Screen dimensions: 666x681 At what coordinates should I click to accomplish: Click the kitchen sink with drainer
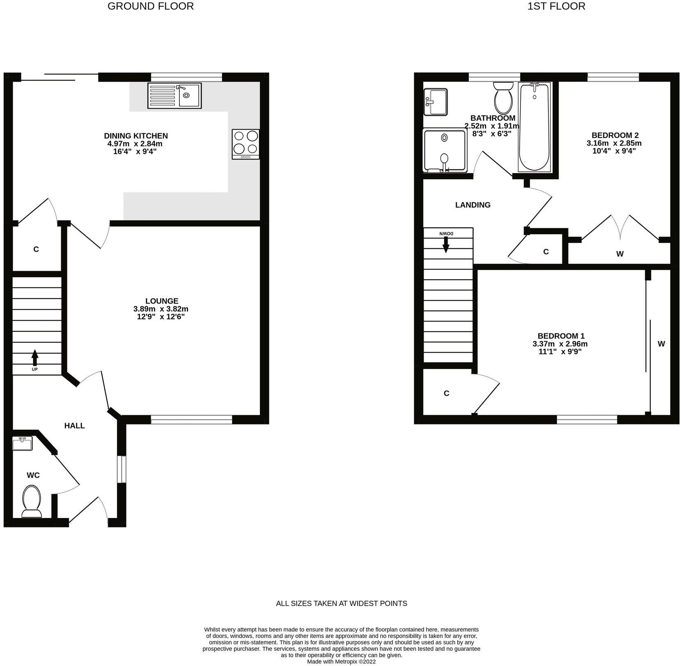coord(174,96)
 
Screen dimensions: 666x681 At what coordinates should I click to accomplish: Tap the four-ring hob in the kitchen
coord(245,144)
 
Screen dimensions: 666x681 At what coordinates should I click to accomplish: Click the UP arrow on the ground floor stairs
coord(35,358)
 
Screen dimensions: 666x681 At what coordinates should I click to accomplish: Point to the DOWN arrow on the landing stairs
coord(446,245)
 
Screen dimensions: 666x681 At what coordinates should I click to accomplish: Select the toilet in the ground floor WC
coord(32,501)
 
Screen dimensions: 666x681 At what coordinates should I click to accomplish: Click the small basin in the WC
coord(22,444)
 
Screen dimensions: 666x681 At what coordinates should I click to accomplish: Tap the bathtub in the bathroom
coord(534,127)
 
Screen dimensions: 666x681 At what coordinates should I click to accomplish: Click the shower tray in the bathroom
coord(445,151)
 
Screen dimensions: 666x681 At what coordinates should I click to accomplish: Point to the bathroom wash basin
coord(436,102)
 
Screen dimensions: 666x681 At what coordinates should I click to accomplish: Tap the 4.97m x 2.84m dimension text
coord(135,144)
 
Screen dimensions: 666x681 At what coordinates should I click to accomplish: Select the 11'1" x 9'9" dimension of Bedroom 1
coord(560,351)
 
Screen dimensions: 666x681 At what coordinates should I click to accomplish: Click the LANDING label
coord(472,205)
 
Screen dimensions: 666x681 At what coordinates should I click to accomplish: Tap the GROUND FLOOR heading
coord(150,6)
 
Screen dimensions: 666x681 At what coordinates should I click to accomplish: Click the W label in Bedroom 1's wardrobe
coord(661,344)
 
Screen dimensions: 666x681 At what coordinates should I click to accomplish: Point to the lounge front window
coord(191,419)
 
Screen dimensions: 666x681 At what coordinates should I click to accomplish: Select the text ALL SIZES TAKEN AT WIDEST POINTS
coord(341,603)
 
